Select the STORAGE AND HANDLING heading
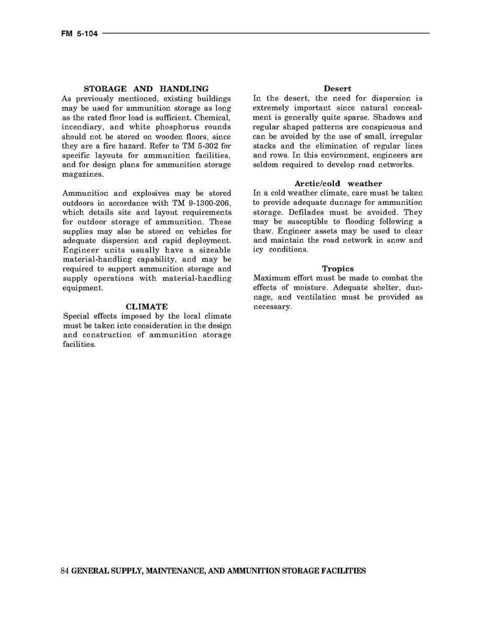[x=146, y=89]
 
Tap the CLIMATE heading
[x=147, y=307]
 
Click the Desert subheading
[x=338, y=89]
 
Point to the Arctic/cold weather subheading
[x=338, y=184]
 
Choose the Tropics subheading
[x=338, y=269]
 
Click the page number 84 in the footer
[x=65, y=571]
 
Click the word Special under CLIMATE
[x=76, y=316]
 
